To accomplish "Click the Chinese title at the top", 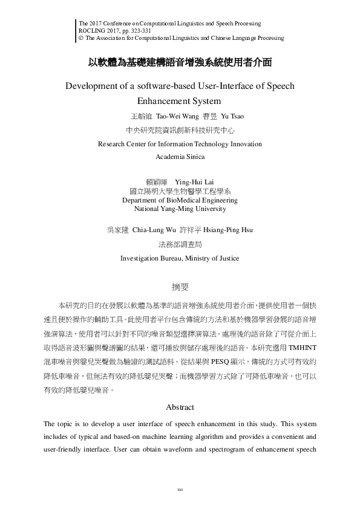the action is (180, 62).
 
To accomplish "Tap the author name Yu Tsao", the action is (233, 115).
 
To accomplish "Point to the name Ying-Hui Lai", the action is (194, 181).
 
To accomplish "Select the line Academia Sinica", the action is (180, 157).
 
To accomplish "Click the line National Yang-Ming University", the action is (180, 209).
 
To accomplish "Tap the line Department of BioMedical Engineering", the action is (180, 200).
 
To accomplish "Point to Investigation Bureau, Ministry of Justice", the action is (180, 258).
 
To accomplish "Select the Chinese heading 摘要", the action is (180, 287).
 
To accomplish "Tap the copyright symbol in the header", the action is (81, 37).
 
